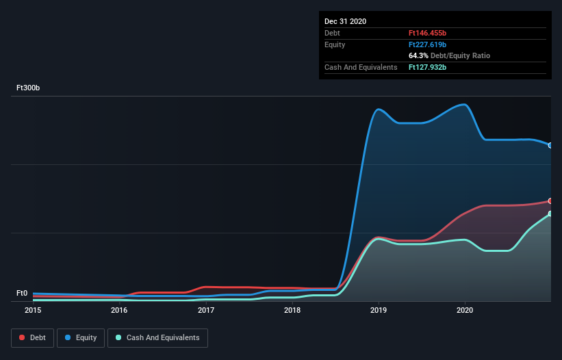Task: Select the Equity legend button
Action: point(81,337)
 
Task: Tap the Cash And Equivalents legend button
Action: point(157,337)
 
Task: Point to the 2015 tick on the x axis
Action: point(33,311)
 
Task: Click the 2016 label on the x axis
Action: point(119,311)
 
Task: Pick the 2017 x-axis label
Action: point(206,311)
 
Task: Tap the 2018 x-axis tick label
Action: point(292,311)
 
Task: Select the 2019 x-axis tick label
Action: point(379,311)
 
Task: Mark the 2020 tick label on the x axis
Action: point(465,311)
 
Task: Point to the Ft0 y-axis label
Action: point(23,294)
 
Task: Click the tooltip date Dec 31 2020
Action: point(345,21)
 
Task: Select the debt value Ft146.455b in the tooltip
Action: point(427,33)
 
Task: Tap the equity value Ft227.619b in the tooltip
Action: point(427,44)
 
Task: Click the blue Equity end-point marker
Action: point(550,145)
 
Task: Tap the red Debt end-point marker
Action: point(550,201)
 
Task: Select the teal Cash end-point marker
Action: point(550,214)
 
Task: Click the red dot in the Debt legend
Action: point(22,337)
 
